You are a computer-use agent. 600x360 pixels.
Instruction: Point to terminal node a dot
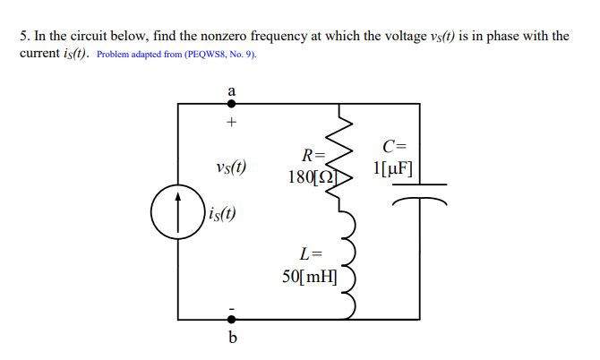(x=231, y=104)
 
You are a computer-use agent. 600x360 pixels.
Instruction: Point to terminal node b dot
(x=231, y=318)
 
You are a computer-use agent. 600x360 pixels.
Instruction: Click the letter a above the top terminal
(x=231, y=90)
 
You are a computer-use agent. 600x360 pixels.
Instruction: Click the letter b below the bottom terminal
(x=232, y=338)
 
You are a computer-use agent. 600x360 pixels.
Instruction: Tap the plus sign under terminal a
(x=231, y=122)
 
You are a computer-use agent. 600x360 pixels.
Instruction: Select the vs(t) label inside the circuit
(x=231, y=167)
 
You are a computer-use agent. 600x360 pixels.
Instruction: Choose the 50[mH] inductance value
(x=308, y=275)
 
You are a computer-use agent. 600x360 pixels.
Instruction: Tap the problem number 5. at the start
(x=24, y=36)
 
